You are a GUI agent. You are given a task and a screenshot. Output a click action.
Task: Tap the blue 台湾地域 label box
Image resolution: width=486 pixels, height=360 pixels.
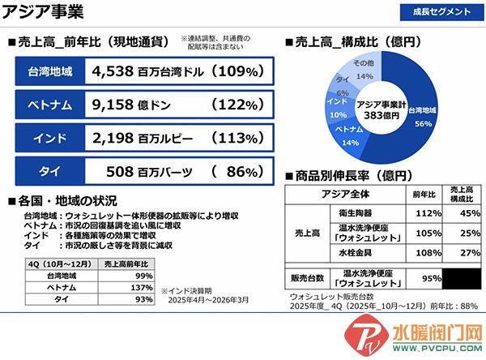[x=49, y=71]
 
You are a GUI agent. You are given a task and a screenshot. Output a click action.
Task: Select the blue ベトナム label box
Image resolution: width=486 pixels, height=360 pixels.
[x=49, y=105]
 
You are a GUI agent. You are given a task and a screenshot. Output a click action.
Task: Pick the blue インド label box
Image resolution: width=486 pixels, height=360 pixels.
[x=49, y=137]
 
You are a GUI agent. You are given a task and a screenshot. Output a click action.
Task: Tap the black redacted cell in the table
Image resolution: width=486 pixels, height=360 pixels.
[x=464, y=278]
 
